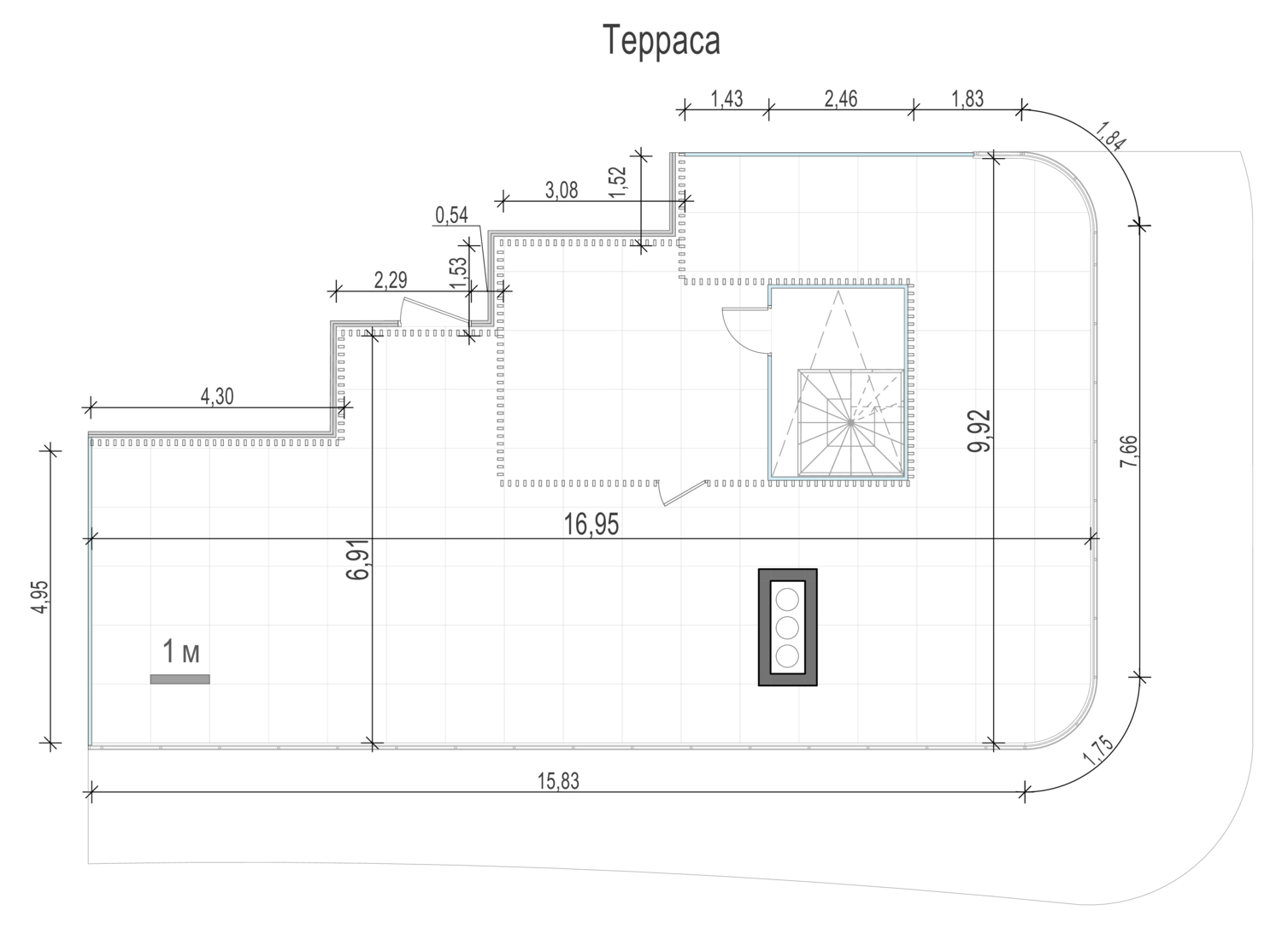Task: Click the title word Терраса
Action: [662, 41]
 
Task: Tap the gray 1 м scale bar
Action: [179, 679]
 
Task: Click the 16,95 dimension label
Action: [591, 524]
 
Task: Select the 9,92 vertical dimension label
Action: [979, 431]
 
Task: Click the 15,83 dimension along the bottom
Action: [558, 781]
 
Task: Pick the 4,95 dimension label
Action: [40, 597]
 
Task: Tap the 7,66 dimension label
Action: [1129, 451]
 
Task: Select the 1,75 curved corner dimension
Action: [1098, 750]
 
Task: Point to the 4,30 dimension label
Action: [217, 396]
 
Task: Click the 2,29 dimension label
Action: [391, 279]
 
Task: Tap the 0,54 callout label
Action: [451, 215]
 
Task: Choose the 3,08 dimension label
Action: [562, 190]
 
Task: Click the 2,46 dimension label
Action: [841, 99]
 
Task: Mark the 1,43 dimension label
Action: [726, 99]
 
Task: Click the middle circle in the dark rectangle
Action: [787, 627]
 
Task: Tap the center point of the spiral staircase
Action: [851, 422]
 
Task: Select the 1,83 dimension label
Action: [967, 99]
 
